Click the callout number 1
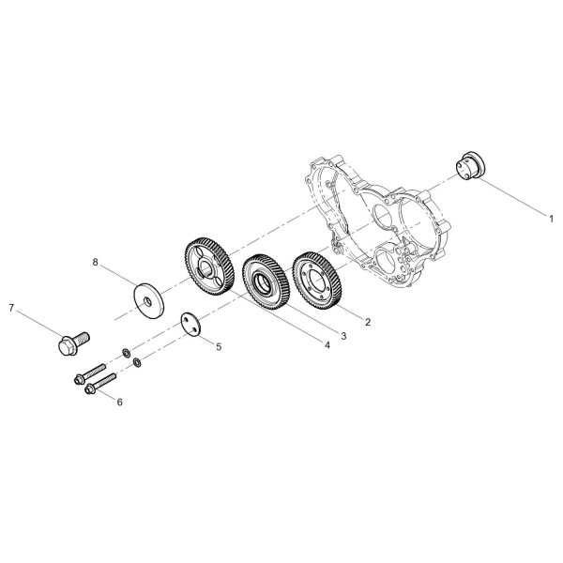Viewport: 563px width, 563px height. coord(551,218)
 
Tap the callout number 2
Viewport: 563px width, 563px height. coord(367,322)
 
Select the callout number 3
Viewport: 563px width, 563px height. coord(343,336)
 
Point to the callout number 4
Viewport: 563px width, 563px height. coord(327,345)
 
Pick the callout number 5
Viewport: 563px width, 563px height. coord(219,347)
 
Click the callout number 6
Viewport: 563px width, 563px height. coord(120,403)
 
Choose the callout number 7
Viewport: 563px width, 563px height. coord(11,308)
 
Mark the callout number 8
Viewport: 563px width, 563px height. coord(95,262)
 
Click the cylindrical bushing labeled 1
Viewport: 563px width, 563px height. coord(470,167)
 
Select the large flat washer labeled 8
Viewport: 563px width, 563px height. coord(148,300)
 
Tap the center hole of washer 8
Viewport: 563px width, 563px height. coord(147,301)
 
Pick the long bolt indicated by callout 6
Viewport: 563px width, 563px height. coord(101,383)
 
